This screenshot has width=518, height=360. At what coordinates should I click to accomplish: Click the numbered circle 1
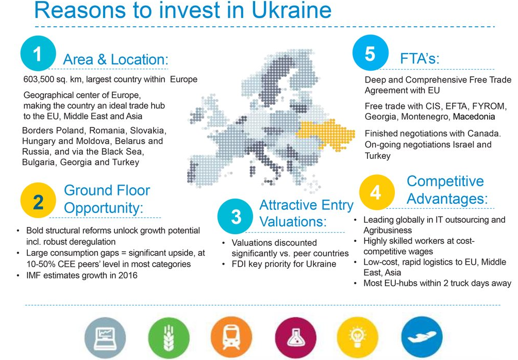point(38,53)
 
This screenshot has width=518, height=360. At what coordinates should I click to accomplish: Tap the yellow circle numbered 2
point(38,200)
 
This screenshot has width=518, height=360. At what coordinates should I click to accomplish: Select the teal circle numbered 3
point(235,216)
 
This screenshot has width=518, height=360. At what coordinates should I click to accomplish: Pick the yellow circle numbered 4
point(377,192)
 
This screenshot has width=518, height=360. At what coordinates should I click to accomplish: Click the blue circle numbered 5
point(370,53)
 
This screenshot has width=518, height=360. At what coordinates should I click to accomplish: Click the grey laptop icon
point(105,338)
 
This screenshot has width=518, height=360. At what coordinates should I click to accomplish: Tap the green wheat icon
point(169,338)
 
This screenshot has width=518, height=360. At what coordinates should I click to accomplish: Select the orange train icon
point(231,338)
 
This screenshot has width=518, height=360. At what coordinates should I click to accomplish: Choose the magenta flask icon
point(295,338)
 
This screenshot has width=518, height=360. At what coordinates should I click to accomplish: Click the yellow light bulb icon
point(358,338)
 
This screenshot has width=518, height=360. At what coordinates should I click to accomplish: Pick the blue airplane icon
point(422,338)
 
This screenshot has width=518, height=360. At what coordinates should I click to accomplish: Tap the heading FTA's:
point(420,58)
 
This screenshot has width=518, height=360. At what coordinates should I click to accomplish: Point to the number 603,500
point(36,79)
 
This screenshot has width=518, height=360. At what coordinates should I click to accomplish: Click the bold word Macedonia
point(474,117)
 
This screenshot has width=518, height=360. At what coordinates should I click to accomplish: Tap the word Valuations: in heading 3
point(293,221)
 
